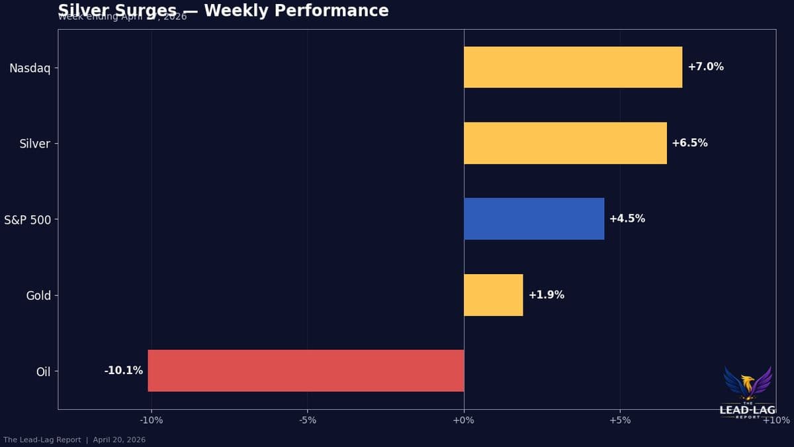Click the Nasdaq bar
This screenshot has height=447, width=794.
pos(572,67)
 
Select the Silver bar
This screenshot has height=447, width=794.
pos(565,143)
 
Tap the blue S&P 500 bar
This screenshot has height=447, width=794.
pos(533,219)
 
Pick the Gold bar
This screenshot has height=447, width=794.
pos(493,295)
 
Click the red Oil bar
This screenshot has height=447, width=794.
pos(306,371)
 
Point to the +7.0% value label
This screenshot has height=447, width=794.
pos(705,67)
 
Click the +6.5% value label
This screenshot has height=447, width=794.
pos(689,143)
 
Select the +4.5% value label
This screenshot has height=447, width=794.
pos(627,219)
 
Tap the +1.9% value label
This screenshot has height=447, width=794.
pos(546,295)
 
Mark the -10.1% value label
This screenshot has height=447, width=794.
pos(124,371)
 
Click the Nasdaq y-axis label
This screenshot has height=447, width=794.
pos(30,68)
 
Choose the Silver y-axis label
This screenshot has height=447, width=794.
pos(34,144)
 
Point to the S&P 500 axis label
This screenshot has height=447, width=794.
pos(27,219)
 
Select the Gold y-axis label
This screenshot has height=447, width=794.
pos(38,295)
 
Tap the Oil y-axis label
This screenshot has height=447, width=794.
pos(43,372)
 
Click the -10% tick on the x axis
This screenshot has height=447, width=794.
pos(152,421)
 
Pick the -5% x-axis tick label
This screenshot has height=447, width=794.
pos(308,421)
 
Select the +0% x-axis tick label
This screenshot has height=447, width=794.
pos(464,421)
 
